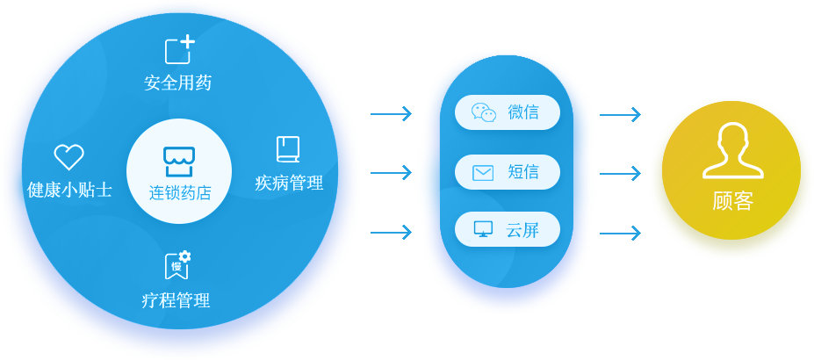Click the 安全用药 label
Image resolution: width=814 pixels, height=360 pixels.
178,83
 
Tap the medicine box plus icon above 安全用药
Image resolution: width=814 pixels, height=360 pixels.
178,50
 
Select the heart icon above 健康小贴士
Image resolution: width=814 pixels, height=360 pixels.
68,157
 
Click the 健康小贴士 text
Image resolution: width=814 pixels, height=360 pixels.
69,189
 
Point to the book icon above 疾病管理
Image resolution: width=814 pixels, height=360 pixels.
288,149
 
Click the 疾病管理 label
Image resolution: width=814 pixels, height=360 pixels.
289,183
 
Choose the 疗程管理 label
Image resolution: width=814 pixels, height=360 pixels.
176,300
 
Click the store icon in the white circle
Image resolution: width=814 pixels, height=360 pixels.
179,161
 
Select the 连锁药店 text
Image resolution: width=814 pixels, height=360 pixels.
179,192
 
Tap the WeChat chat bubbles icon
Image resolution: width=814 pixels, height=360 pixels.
484,112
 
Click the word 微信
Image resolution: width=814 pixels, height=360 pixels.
523,112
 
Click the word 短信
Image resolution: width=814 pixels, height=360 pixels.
523,172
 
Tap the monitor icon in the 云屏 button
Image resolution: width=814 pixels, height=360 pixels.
483,229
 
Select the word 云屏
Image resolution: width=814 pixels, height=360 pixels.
522,231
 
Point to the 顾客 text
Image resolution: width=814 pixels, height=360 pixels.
732,201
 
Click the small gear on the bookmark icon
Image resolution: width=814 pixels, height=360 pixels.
184,256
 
